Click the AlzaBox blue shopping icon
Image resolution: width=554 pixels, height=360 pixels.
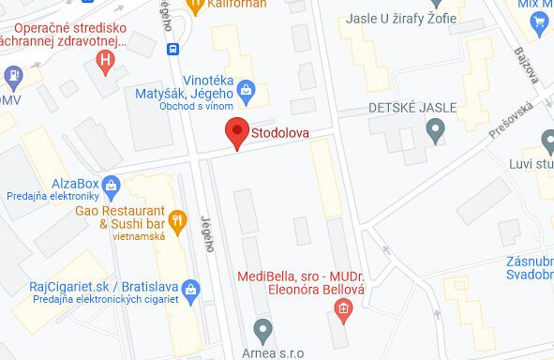(112, 183)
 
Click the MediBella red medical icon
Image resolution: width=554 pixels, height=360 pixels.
(343, 308)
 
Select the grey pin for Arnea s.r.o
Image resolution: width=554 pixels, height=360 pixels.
(262, 328)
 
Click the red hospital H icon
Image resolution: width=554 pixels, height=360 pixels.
(107, 63)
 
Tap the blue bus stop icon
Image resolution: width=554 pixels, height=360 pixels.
(172, 49)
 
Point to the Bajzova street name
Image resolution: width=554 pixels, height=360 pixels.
(527, 65)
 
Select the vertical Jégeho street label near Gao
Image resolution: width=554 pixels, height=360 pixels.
(207, 233)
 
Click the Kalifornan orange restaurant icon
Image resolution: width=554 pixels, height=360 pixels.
(196, 6)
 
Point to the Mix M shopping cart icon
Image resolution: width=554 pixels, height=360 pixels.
(538, 27)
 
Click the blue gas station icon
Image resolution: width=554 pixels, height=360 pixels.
(14, 75)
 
